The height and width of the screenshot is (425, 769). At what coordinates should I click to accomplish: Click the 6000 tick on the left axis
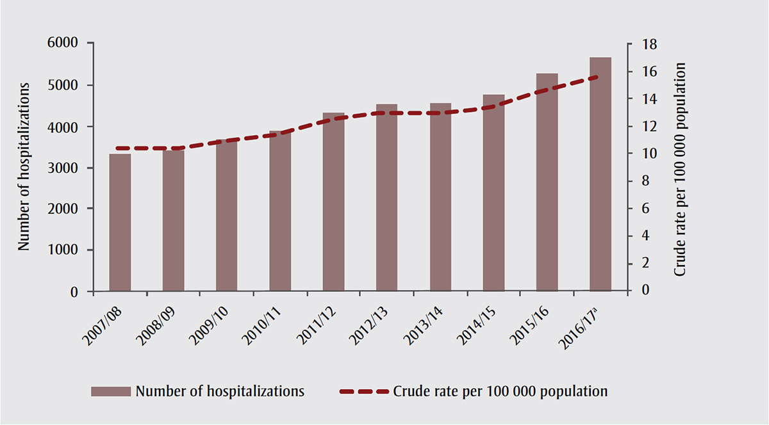click(64, 44)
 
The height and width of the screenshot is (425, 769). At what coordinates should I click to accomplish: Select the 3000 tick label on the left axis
click(64, 168)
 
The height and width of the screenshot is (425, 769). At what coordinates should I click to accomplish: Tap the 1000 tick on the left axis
click(64, 250)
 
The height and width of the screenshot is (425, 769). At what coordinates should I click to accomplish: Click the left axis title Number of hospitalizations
click(24, 166)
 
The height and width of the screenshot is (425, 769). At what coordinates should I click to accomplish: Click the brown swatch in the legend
click(111, 390)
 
